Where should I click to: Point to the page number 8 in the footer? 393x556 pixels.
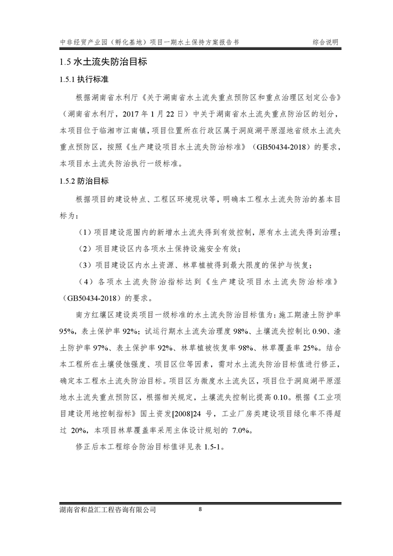[x=200, y=509]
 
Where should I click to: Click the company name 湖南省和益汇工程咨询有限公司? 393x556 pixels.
[x=107, y=509]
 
